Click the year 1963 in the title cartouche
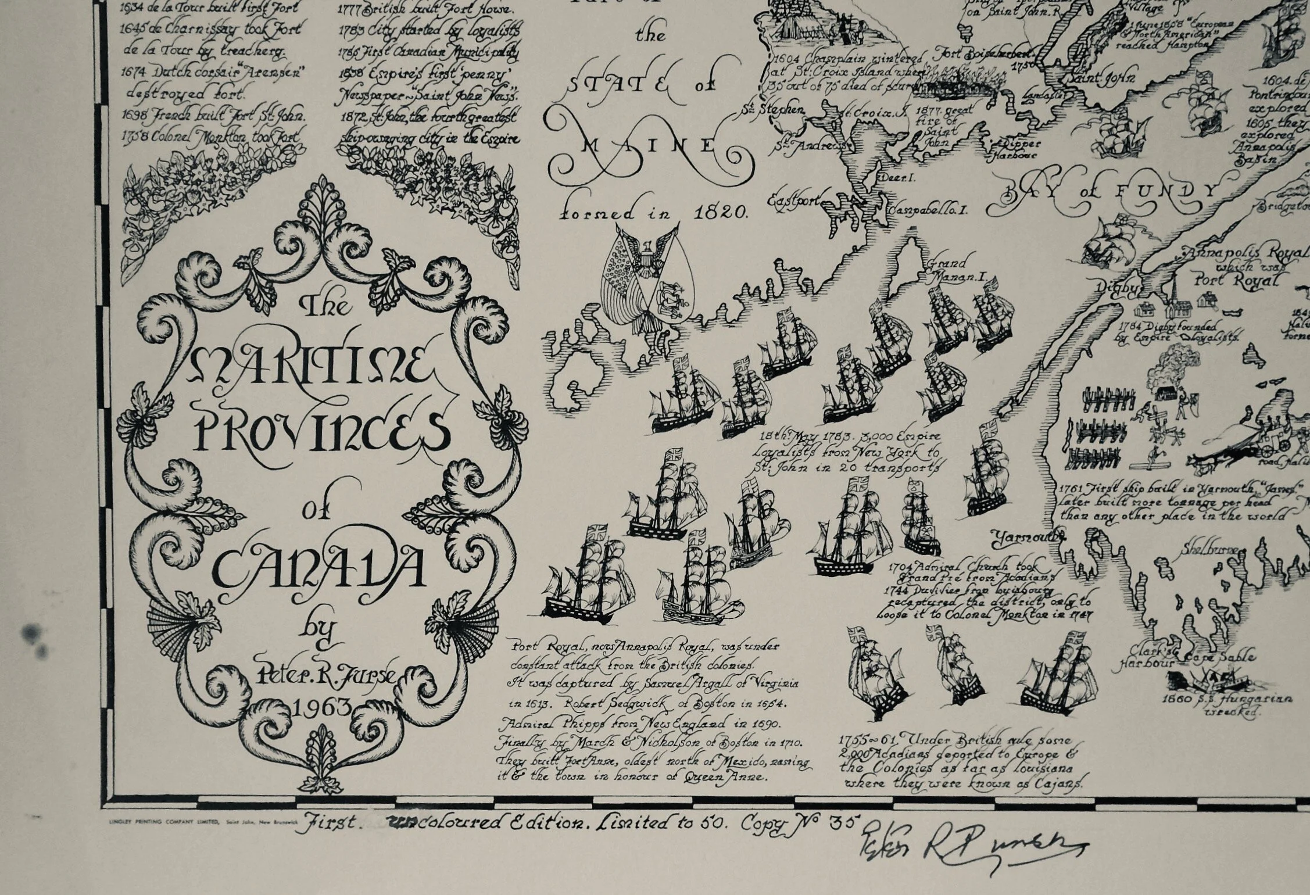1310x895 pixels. pos(323,707)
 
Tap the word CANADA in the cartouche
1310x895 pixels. pos(319,568)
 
